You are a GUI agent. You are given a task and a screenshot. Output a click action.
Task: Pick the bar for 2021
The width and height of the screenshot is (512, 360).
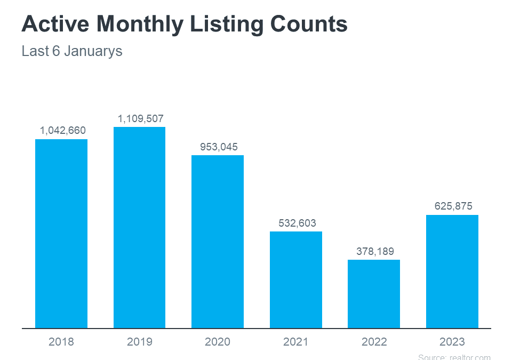[x=296, y=279]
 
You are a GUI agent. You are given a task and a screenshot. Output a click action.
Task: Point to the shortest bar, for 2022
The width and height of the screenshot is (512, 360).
[x=374, y=294]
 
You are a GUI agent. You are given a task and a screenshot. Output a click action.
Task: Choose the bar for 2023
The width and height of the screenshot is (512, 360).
[x=452, y=271]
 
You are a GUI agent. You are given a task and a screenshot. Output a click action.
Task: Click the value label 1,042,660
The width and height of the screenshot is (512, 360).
[x=62, y=131]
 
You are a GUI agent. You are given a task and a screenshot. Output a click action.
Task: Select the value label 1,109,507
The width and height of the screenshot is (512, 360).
[x=141, y=118]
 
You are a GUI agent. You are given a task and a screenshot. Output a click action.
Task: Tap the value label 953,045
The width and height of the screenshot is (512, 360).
[x=219, y=147]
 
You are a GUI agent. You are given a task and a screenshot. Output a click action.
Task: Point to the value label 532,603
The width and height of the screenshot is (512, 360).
[x=297, y=223]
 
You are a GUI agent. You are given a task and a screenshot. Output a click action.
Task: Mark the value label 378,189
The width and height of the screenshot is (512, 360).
[x=375, y=251]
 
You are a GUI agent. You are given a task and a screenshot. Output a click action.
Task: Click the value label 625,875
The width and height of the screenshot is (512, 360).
[x=453, y=206]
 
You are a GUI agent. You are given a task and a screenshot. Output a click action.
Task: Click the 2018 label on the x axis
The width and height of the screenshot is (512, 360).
[x=61, y=342]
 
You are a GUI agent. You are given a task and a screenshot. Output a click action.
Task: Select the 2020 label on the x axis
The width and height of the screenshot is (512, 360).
[x=218, y=342]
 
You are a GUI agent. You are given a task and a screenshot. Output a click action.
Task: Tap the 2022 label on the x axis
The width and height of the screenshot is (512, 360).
[x=374, y=342]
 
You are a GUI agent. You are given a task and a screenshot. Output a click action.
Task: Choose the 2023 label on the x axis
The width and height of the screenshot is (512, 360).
[x=452, y=342]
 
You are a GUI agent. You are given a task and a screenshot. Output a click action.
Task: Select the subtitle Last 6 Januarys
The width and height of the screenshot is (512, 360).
[x=72, y=52]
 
